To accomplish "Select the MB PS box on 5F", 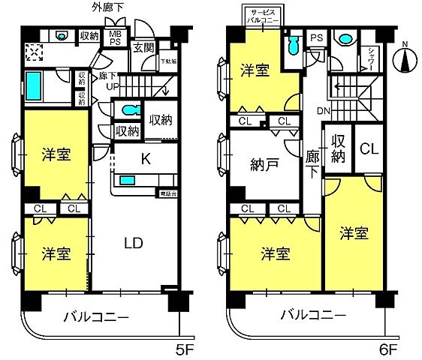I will point(115,37).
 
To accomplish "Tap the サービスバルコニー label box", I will point(263,16).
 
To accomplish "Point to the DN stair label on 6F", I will point(324,112).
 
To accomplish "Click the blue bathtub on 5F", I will point(35,87).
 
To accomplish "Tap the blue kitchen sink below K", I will point(128,180).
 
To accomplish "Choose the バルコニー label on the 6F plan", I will point(314,314).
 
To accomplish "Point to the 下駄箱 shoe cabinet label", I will point(167,62).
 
